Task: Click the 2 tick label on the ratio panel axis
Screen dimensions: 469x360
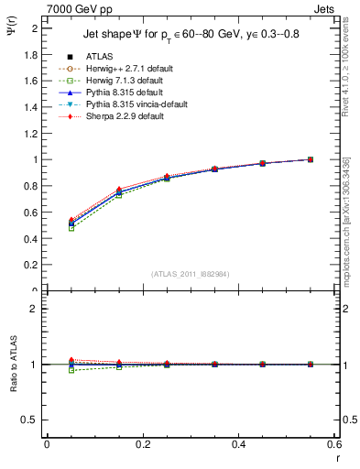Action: point(36,309)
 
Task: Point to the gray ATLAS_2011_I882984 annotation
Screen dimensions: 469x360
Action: point(190,274)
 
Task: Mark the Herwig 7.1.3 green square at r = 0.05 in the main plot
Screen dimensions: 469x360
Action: point(46,228)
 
